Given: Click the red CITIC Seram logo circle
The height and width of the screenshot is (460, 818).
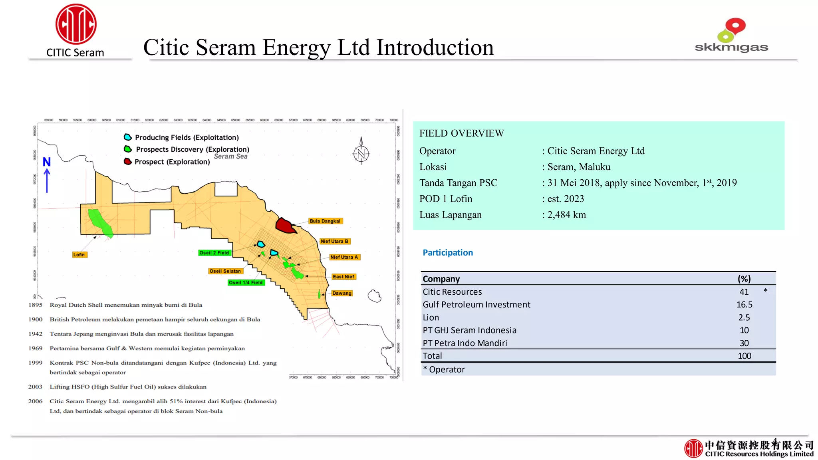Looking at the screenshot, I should (76, 24).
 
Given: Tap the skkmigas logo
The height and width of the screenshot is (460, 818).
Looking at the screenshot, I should (731, 36).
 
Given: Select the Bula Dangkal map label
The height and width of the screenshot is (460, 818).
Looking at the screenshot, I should (325, 221).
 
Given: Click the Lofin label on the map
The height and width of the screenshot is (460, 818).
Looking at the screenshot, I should (79, 255).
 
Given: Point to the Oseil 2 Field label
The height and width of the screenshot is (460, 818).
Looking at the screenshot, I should (214, 253).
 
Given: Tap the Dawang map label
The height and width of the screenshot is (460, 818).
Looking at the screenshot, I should (342, 293).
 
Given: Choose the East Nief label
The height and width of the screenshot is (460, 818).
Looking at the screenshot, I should (343, 277).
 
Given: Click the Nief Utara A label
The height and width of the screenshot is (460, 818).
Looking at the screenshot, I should (344, 257).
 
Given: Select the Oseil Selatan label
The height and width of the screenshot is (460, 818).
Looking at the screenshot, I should (225, 271).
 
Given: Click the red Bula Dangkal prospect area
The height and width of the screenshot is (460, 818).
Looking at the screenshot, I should (285, 225).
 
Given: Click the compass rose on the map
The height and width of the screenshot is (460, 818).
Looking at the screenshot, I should (361, 153).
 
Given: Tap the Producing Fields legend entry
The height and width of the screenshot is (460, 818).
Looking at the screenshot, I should (182, 137).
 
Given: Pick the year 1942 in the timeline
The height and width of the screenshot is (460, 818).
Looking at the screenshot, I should (36, 334).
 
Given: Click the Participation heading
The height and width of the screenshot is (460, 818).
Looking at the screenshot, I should (448, 253).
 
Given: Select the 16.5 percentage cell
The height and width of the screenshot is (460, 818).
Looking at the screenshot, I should (744, 305).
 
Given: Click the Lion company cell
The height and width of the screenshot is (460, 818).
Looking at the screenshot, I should (431, 317).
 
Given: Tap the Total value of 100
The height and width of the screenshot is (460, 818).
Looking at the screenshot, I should (744, 356).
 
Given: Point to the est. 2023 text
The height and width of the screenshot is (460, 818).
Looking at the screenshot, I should (566, 199).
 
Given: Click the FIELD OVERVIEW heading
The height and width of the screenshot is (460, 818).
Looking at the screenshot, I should (462, 133).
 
